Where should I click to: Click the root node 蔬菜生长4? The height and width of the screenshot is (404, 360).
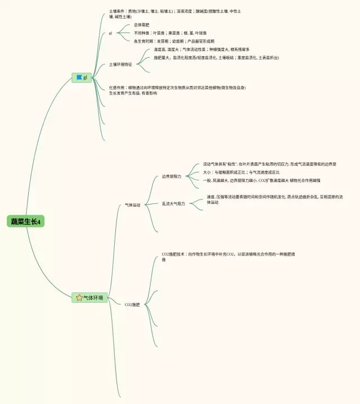[26, 221]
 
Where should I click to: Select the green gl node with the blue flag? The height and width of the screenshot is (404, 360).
[82, 78]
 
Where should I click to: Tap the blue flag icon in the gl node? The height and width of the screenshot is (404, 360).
[79, 78]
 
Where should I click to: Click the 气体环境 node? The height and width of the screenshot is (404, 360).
[89, 297]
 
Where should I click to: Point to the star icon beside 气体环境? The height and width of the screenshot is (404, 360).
[79, 297]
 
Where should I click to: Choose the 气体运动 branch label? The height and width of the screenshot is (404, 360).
[132, 205]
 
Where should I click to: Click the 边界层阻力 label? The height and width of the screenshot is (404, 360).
[172, 176]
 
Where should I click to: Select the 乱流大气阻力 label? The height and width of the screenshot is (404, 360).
[173, 203]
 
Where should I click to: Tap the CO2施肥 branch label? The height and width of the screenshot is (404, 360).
[132, 305]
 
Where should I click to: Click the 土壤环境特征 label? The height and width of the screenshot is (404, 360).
[120, 64]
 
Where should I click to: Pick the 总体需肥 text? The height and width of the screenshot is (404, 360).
[141, 25]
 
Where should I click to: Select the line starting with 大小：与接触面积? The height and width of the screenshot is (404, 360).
[241, 172]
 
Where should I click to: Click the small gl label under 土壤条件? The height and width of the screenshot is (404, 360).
[111, 33]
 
